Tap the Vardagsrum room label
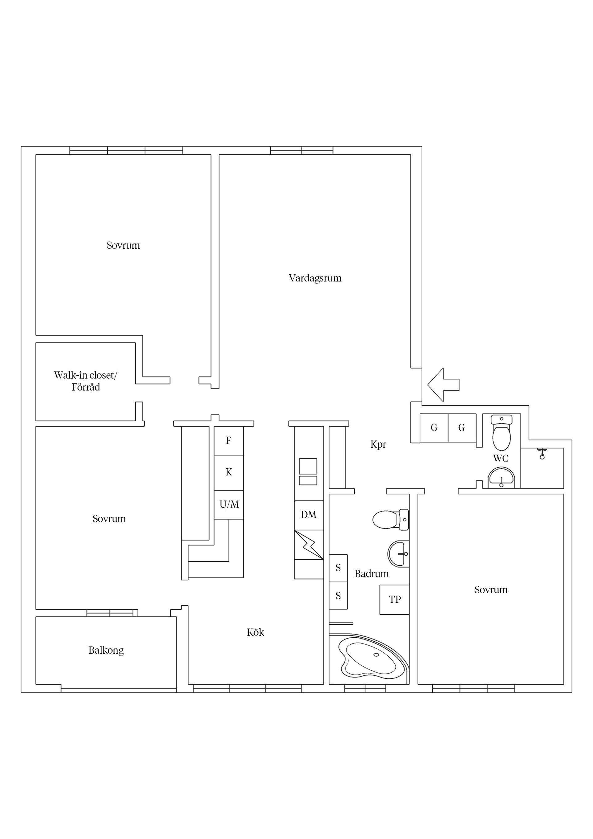pos(315,278)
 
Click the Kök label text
pos(255,632)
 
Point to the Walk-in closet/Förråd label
pos(86,381)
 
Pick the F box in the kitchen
pos(228,441)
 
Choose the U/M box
pos(229,505)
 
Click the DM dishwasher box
pos(309,515)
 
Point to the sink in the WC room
pos(501,478)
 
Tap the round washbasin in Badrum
pos(398,554)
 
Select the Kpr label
pos(378,444)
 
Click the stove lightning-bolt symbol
pos(309,545)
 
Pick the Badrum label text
pos(372,574)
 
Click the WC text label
pos(501,458)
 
